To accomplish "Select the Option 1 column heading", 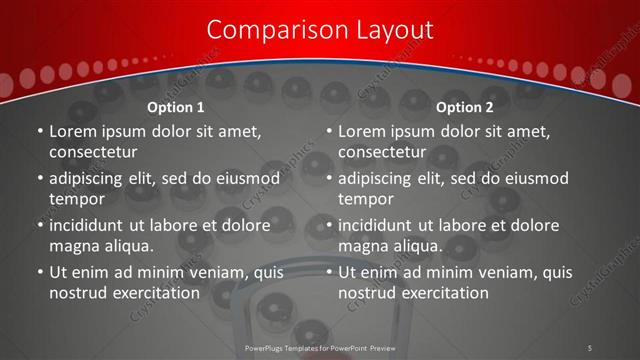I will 176,107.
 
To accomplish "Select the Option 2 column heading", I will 465,107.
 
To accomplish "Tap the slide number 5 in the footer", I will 590,348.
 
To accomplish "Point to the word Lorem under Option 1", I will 72,131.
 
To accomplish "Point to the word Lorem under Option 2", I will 361,131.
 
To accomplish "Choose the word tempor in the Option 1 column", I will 75,199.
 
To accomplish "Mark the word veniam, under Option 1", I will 206,272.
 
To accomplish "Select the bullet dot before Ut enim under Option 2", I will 330,272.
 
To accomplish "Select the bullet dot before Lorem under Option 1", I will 40,131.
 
